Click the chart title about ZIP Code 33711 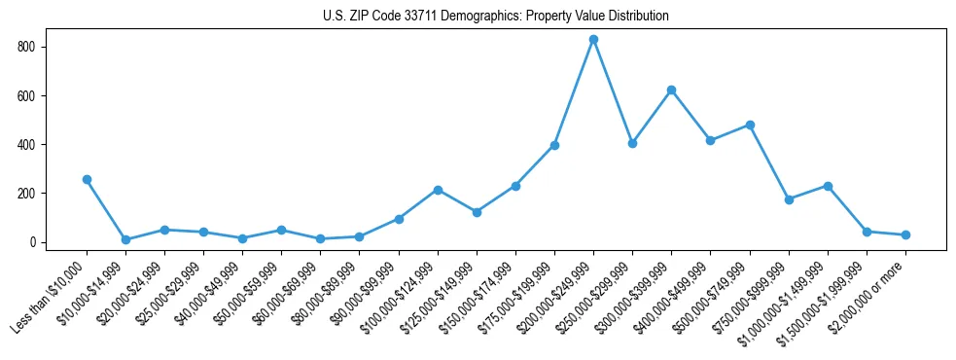click(495, 17)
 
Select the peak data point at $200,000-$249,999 click(593, 40)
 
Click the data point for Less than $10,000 click(87, 179)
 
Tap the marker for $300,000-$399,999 click(671, 90)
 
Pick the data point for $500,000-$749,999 click(750, 125)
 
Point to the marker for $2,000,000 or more click(905, 234)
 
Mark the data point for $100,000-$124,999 click(438, 190)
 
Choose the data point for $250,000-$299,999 click(632, 143)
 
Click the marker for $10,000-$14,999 click(125, 239)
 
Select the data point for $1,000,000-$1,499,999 click(828, 186)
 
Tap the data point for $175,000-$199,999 click(554, 145)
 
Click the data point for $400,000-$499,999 click(710, 140)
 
